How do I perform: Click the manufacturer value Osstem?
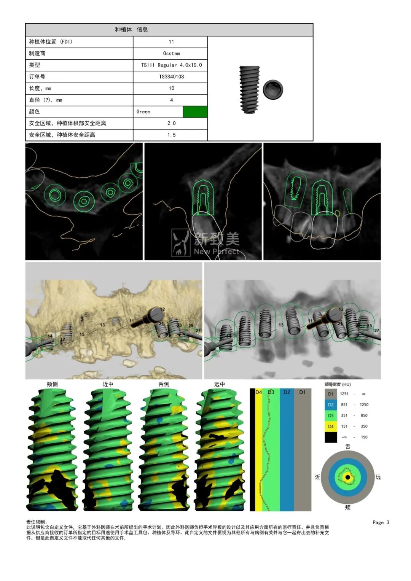point(171,53)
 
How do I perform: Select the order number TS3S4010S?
point(171,77)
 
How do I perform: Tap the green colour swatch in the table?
point(195,112)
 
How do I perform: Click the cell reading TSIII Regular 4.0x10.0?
point(171,65)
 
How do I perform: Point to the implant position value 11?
point(171,42)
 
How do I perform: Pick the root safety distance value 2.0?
point(171,123)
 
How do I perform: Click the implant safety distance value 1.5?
point(171,135)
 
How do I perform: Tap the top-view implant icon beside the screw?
point(273,89)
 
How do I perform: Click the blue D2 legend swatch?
point(331,404)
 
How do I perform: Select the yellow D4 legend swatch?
point(331,427)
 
